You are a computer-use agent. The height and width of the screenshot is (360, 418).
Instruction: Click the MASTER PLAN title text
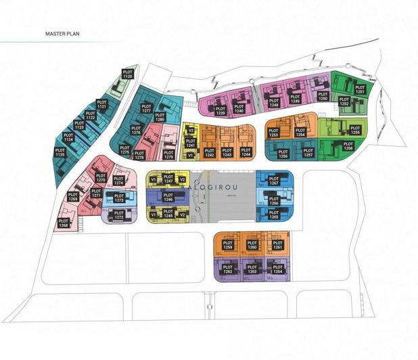pyautogui.click(x=64, y=33)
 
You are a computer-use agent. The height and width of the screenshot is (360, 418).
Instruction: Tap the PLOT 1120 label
pyautogui.click(x=127, y=75)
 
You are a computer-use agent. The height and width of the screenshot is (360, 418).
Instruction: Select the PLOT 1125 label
pyautogui.click(x=60, y=153)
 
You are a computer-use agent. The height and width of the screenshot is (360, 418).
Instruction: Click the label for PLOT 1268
pyautogui.click(x=63, y=222)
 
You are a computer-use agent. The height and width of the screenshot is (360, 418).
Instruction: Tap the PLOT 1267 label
pyautogui.click(x=274, y=181)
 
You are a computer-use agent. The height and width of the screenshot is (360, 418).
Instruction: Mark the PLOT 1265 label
pyautogui.click(x=274, y=215)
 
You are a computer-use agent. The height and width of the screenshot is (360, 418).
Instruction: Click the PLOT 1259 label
pyautogui.click(x=228, y=246)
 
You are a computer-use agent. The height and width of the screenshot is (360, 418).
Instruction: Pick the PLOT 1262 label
pyautogui.click(x=228, y=269)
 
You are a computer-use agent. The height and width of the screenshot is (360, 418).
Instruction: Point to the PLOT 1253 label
pyautogui.click(x=274, y=132)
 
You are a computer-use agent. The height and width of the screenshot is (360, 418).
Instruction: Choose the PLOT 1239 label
pyautogui.click(x=220, y=111)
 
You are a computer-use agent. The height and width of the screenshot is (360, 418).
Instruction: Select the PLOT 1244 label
pyautogui.click(x=246, y=153)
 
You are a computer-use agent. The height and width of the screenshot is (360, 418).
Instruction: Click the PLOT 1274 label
pyautogui.click(x=118, y=181)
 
